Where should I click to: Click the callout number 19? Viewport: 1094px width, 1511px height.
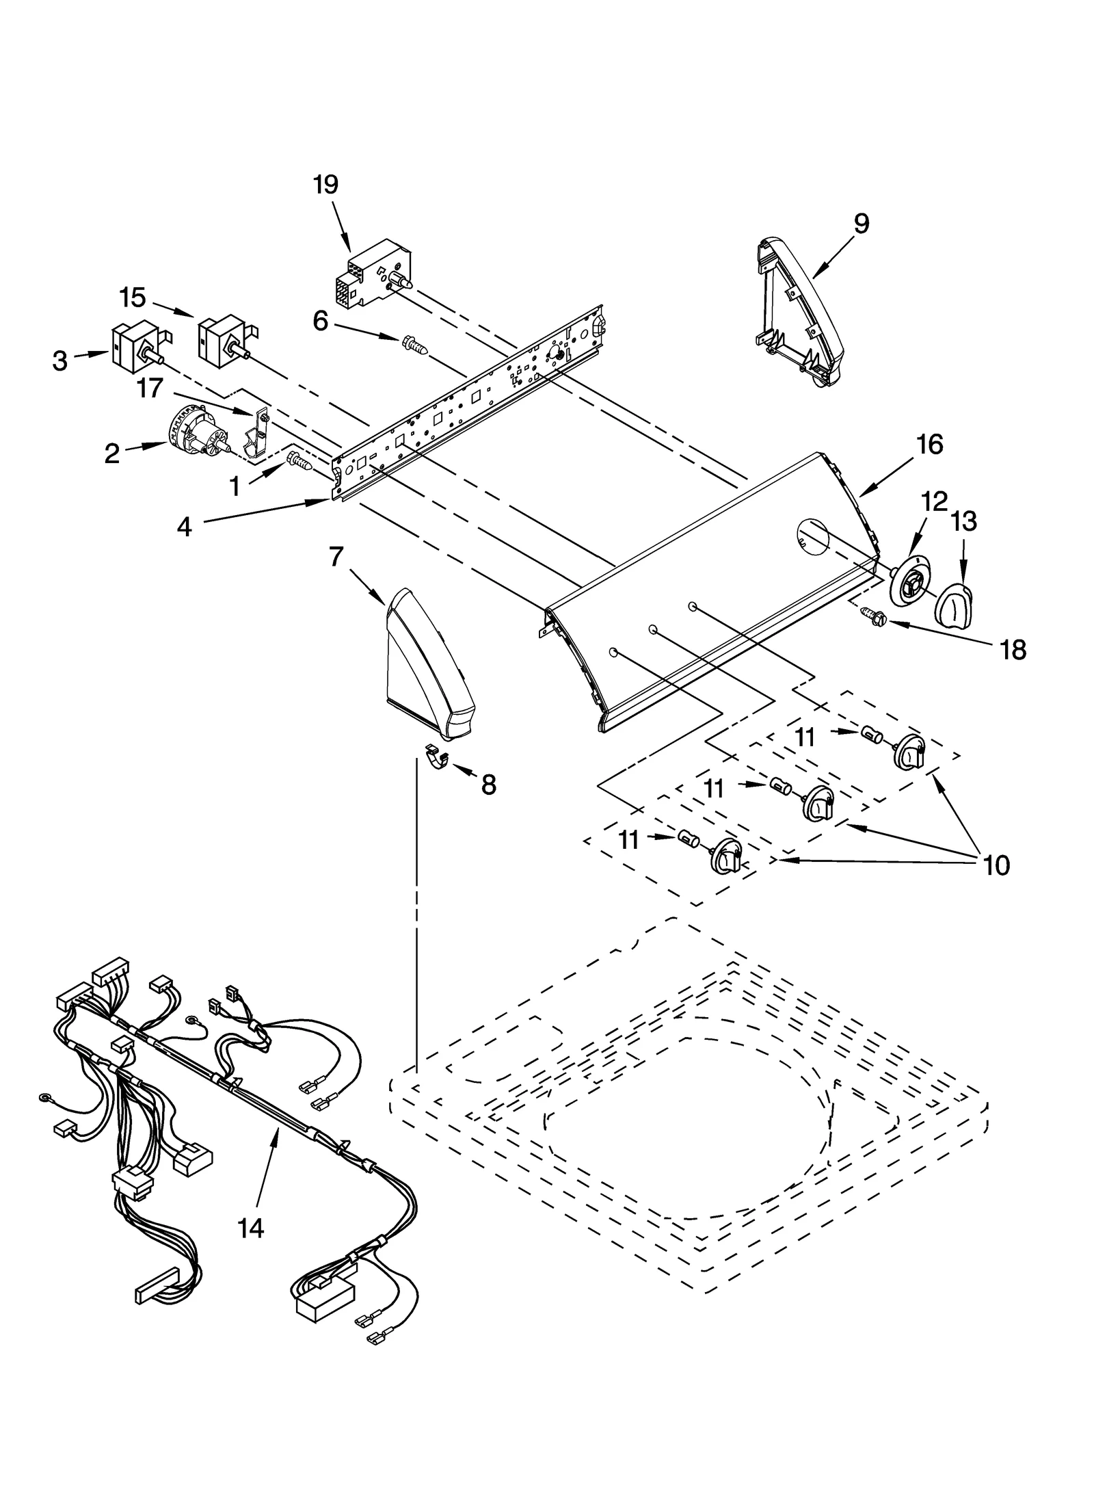(x=325, y=185)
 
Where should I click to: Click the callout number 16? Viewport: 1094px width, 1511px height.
(x=929, y=445)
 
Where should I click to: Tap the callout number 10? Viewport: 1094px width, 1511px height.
(x=996, y=865)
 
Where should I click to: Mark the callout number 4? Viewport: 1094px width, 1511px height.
(x=184, y=527)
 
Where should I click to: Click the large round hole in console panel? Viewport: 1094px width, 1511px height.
(x=812, y=536)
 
